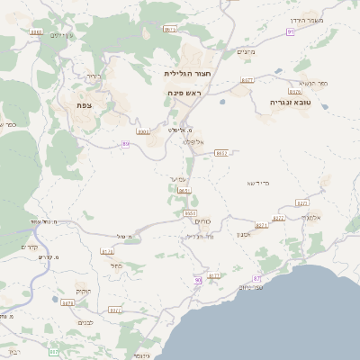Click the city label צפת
(x=85, y=104)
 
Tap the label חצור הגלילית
(x=188, y=73)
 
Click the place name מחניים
(x=246, y=52)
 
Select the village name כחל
(x=118, y=265)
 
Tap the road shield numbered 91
(x=290, y=31)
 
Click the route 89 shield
(x=125, y=143)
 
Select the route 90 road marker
(x=198, y=281)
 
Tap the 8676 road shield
(x=295, y=92)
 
